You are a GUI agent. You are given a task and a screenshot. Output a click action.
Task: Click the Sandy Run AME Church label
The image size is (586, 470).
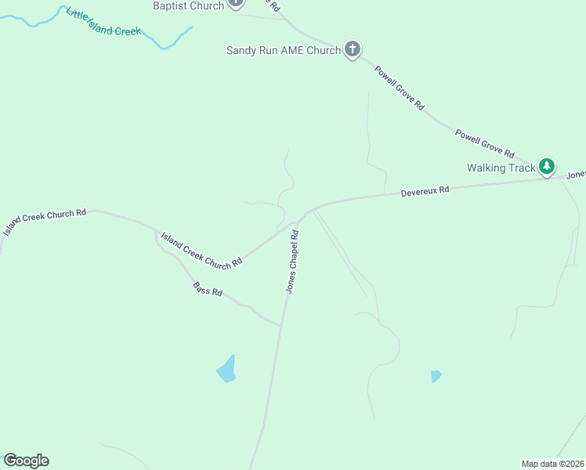coord(283,50)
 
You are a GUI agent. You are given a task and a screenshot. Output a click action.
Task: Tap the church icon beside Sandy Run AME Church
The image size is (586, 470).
coord(353,49)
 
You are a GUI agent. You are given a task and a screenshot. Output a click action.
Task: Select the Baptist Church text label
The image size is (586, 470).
coord(188,5)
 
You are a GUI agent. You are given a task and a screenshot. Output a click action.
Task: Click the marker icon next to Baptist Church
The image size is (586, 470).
coord(235,3)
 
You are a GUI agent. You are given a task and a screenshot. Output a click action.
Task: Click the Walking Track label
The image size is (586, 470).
coord(501,168)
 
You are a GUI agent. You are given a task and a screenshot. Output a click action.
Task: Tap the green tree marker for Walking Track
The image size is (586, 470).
coord(547,166)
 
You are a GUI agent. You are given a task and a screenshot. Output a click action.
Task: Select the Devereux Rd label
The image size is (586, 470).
coord(425,190)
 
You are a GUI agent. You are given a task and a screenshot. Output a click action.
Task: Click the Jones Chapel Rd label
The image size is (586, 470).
coord(292,262)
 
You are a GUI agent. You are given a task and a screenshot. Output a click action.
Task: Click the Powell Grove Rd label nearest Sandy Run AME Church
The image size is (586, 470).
coord(399,87)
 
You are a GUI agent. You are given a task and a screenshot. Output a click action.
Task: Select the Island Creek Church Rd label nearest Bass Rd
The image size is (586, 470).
coord(201,251)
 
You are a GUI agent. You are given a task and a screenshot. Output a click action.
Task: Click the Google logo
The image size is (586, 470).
coord(27,461)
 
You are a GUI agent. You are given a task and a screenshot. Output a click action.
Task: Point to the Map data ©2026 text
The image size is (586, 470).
coord(552,464)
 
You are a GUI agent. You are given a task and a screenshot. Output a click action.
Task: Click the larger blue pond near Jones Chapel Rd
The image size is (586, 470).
coord(226,369)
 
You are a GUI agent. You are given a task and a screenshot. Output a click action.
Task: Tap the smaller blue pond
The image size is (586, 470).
coord(436,376)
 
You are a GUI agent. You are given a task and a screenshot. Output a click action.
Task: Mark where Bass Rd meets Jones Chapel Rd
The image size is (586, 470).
coord(281,326)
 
